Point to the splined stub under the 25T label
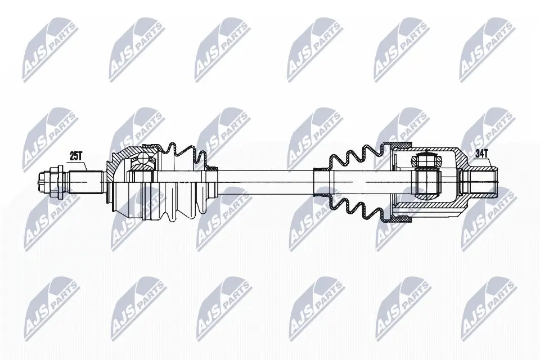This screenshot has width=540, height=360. pyautogui.click(x=84, y=181)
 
